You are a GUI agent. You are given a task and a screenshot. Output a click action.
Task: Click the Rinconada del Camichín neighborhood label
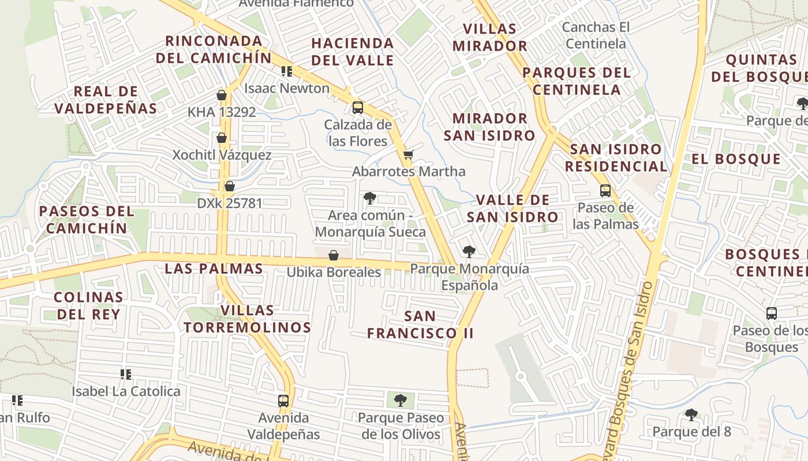(x=213, y=50)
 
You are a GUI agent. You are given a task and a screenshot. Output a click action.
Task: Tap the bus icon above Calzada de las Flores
(x=358, y=107)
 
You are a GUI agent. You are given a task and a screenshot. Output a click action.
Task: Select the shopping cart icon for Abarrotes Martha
(x=409, y=154)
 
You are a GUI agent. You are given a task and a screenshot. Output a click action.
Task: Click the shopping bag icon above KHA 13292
(x=222, y=95)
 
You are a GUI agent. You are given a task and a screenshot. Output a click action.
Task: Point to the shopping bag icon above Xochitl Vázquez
(x=222, y=138)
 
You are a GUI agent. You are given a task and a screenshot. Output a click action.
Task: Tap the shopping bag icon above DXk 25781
(x=230, y=186)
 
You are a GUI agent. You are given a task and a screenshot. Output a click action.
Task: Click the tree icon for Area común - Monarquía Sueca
(x=370, y=198)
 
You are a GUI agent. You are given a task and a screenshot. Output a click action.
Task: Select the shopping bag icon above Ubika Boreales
(x=334, y=255)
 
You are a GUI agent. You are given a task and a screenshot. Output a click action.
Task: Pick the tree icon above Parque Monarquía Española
(x=469, y=251)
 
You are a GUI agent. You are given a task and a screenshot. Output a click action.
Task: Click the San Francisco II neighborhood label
(x=420, y=324)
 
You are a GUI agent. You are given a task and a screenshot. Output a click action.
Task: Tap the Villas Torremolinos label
(x=248, y=319)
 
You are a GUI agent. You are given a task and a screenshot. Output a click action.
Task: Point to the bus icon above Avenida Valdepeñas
(x=283, y=400)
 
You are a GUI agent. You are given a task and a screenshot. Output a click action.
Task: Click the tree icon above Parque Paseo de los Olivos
(x=401, y=400)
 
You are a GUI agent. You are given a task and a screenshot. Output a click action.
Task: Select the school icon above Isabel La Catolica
(x=126, y=375)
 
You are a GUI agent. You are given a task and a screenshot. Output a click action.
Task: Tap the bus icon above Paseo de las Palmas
(x=605, y=190)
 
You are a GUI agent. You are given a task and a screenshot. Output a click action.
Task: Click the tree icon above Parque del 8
(x=691, y=414)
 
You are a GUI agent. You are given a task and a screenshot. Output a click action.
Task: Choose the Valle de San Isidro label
(x=513, y=209)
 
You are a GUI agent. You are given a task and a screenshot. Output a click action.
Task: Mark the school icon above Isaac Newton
(x=287, y=71)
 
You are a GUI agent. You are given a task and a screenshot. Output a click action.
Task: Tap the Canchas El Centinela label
(x=596, y=35)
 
